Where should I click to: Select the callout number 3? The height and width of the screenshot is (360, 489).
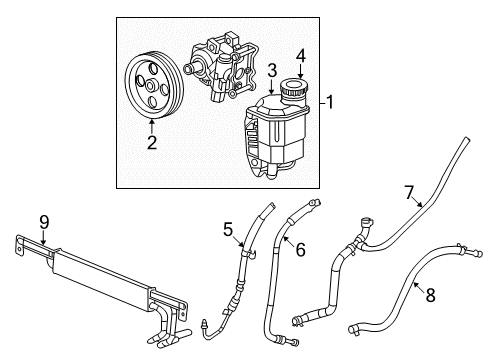pos(269,71)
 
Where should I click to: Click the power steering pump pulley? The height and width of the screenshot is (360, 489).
pos(153,88)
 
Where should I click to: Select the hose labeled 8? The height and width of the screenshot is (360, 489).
pos(400,300)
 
